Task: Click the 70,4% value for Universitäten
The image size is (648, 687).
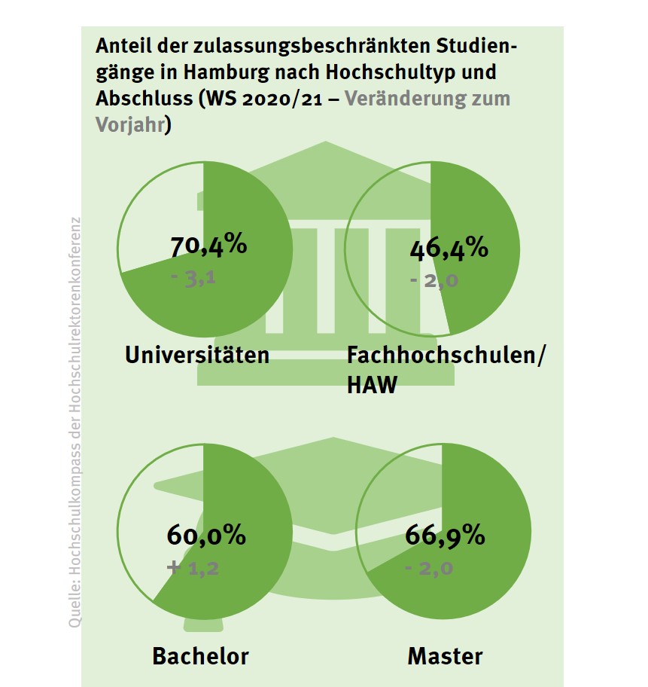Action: click(208, 246)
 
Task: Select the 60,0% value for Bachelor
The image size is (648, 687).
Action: click(205, 536)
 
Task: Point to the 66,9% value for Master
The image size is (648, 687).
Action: click(445, 536)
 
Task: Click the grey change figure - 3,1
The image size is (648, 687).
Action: click(193, 279)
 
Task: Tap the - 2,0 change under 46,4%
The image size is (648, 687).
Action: click(434, 281)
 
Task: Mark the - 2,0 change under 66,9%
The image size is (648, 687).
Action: click(429, 568)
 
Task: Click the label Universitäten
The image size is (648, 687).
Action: click(197, 355)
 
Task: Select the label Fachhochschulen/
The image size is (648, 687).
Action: click(446, 355)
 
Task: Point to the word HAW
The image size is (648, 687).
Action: click(371, 386)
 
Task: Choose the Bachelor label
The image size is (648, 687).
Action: click(200, 655)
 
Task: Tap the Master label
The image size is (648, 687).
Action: click(445, 655)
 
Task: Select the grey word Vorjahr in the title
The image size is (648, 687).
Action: click(129, 124)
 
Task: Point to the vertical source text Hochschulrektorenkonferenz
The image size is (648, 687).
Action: click(75, 301)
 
